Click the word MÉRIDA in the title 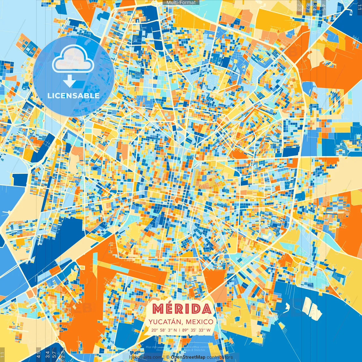tap(182, 309)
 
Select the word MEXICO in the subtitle tap(200, 322)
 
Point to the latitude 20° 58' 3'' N tap(164, 330)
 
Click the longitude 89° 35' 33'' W tap(196, 330)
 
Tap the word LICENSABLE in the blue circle tap(74, 96)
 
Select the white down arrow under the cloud tap(69, 81)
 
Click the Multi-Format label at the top tap(181, 3)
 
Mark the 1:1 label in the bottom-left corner tap(3, 355)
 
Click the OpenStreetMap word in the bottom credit tap(188, 357)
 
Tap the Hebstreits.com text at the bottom tap(146, 357)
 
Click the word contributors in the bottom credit tap(220, 357)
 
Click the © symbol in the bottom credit tap(168, 357)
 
